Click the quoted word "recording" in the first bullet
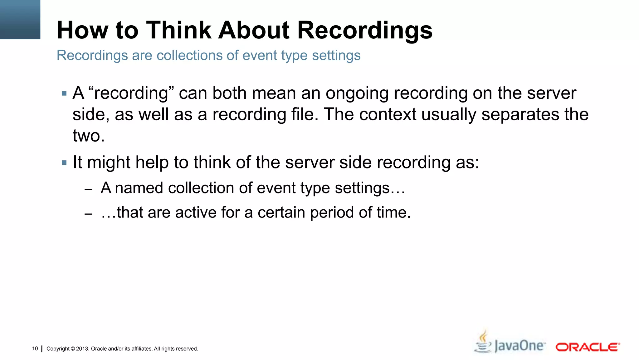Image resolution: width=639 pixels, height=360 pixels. tap(131, 93)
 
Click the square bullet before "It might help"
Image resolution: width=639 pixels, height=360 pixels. tap(64, 162)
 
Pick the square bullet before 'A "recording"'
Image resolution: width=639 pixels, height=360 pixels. tap(64, 93)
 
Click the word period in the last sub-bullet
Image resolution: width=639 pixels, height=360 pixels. tap(332, 212)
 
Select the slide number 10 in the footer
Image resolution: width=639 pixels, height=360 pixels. tap(35, 348)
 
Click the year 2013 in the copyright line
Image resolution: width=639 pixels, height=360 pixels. tap(82, 349)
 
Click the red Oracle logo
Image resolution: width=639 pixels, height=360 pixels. tap(588, 347)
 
